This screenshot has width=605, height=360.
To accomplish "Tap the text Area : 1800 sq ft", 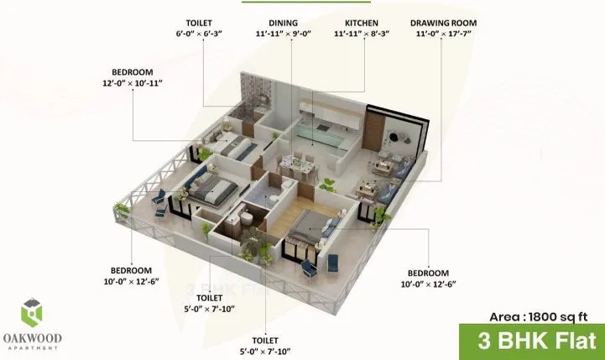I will (542, 317).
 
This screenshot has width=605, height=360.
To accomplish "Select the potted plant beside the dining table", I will (330, 184).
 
